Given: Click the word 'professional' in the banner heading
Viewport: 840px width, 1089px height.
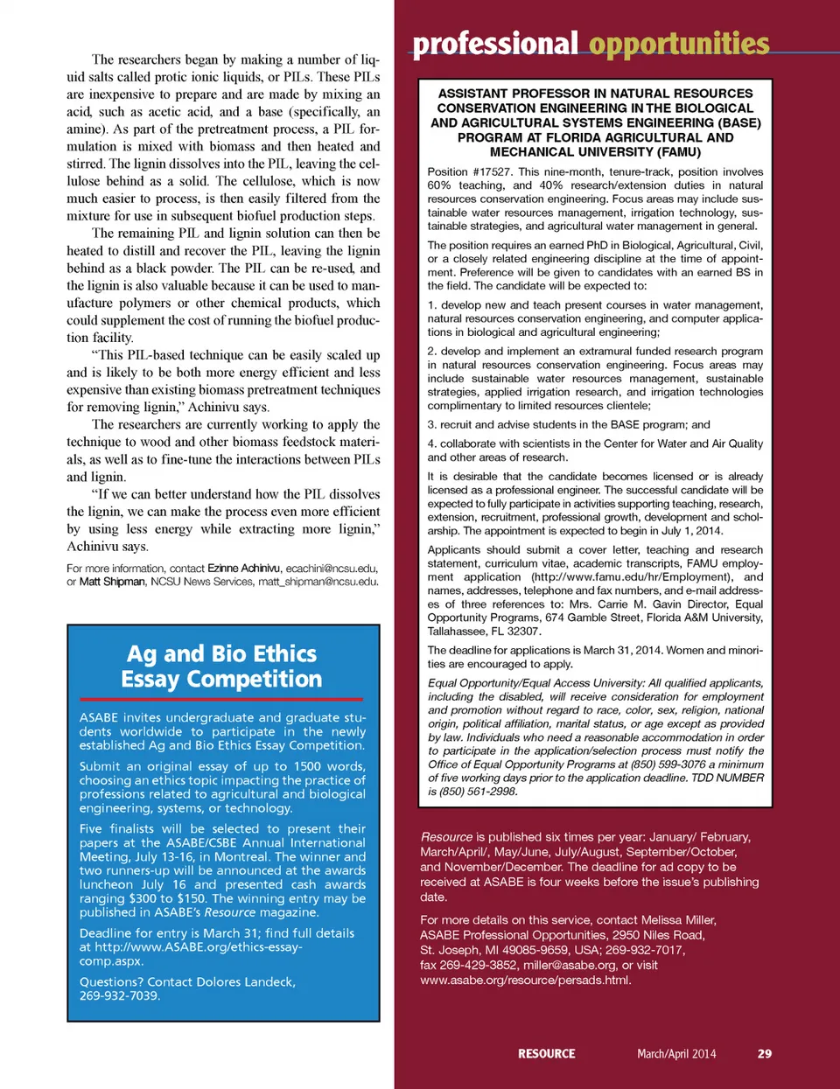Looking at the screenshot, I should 494,44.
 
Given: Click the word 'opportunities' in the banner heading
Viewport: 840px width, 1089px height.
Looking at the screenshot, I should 679,44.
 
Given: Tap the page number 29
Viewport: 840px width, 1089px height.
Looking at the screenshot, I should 764,1053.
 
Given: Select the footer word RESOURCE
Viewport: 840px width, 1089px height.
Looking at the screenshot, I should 546,1053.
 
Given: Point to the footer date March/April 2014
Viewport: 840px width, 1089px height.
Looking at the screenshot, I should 676,1053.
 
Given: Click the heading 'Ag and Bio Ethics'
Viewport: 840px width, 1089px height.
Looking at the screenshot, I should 221,653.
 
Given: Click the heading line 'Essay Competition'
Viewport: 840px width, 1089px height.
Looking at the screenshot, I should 221,680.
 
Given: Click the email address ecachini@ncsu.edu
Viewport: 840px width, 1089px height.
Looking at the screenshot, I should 332,569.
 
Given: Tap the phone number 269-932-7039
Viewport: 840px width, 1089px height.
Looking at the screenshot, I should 118,995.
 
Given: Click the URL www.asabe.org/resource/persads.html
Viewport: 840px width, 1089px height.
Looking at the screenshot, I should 525,980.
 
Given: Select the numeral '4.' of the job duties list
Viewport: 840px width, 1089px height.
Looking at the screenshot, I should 432,443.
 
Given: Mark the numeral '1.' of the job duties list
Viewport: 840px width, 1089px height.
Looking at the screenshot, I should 432,305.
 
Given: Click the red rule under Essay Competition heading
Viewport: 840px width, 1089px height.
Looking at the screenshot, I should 221,699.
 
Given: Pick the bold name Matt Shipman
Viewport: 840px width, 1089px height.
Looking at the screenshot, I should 112,582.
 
